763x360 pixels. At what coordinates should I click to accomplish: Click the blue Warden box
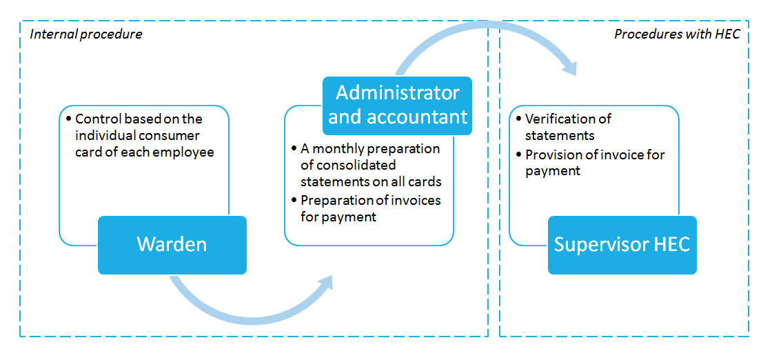tap(172, 245)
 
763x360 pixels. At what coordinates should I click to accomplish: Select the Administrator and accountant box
tap(398, 105)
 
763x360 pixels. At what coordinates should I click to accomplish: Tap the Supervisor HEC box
tap(622, 245)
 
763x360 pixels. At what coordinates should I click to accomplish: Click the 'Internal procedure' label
tap(86, 34)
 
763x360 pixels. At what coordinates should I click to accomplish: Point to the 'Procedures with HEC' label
tap(677, 34)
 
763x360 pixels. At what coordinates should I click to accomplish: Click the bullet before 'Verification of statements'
tap(519, 119)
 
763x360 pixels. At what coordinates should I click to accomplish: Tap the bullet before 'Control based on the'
tap(69, 119)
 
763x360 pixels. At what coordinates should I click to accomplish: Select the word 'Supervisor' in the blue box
tap(596, 245)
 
